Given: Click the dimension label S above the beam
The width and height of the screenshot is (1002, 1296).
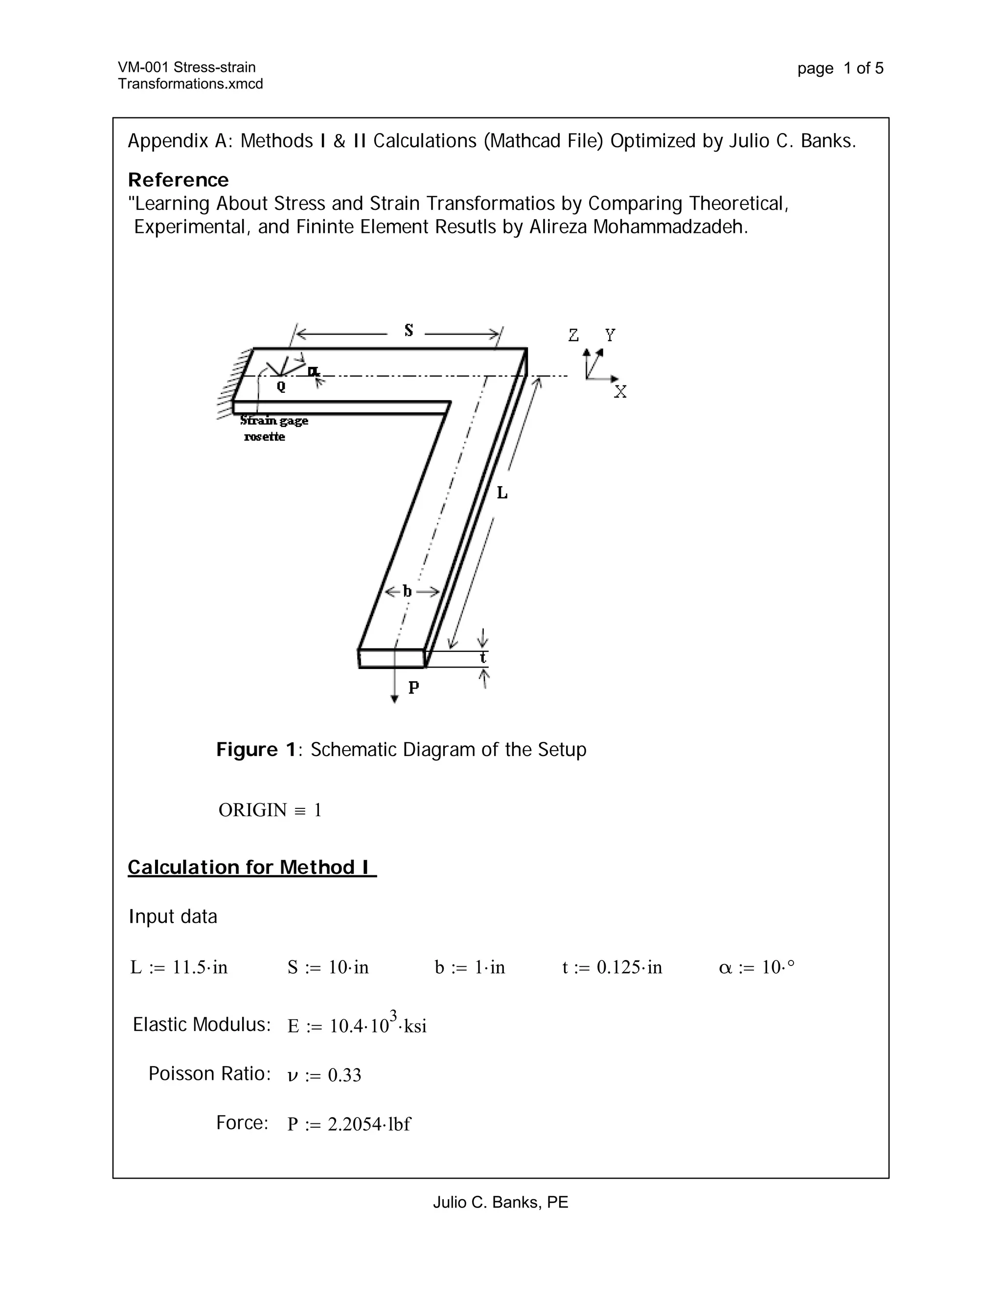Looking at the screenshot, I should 409,330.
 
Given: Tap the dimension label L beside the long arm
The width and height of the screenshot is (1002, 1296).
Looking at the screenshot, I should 502,493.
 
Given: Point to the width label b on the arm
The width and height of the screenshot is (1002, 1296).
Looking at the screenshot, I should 407,591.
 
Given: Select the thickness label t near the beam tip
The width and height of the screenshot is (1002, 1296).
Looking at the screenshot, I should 483,657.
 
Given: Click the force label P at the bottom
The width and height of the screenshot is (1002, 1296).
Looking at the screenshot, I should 414,687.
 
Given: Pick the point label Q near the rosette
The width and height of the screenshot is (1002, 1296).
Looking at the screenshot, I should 281,387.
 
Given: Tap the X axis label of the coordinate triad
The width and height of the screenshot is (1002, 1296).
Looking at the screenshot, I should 620,392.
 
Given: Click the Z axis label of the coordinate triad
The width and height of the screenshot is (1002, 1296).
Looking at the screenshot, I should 573,336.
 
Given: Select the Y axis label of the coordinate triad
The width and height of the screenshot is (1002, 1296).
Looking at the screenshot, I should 610,335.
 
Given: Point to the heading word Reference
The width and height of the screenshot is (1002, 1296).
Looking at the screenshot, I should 178,180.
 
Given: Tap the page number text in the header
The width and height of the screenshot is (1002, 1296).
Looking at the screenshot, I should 840,69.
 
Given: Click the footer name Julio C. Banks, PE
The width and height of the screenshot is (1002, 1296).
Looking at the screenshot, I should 501,1202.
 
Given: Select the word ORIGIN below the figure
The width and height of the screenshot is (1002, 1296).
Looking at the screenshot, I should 252,810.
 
